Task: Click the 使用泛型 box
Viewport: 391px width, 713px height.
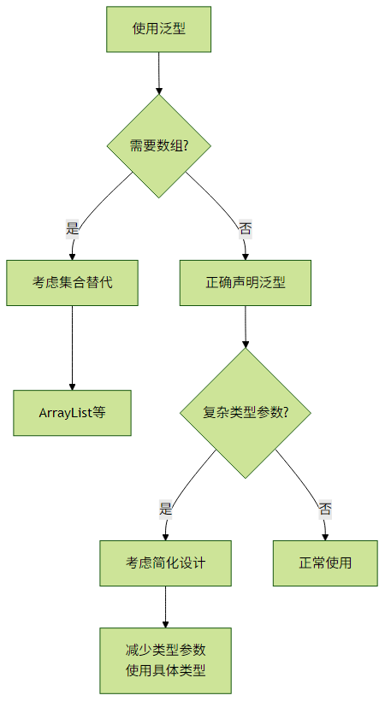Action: [x=159, y=29]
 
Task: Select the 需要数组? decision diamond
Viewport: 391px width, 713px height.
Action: [x=159, y=146]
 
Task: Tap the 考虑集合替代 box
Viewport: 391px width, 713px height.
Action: [x=73, y=283]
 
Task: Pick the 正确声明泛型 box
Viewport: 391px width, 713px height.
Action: [x=246, y=283]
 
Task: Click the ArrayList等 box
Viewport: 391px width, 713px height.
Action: [x=73, y=413]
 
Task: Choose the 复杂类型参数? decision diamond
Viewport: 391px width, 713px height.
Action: [x=246, y=413]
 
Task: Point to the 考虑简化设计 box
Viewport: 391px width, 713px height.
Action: [x=166, y=563]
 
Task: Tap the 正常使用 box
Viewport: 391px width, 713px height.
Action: [x=325, y=563]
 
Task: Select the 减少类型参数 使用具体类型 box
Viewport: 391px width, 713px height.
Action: [x=166, y=661]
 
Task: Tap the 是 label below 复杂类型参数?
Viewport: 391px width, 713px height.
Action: [x=166, y=509]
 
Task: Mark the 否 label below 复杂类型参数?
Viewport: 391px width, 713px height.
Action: [x=325, y=509]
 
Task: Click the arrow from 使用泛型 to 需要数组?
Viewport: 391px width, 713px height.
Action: [x=159, y=74]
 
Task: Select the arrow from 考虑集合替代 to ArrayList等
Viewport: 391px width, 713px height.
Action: [x=73, y=348]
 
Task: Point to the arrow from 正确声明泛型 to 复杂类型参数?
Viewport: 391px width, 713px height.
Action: [x=246, y=327]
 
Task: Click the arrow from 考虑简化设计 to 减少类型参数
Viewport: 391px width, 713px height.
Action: [x=166, y=607]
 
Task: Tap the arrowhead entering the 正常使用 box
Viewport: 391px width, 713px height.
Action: [x=325, y=537]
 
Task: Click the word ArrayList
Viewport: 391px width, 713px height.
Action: [x=66, y=413]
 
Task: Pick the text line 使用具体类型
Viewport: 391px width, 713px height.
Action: [x=166, y=671]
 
